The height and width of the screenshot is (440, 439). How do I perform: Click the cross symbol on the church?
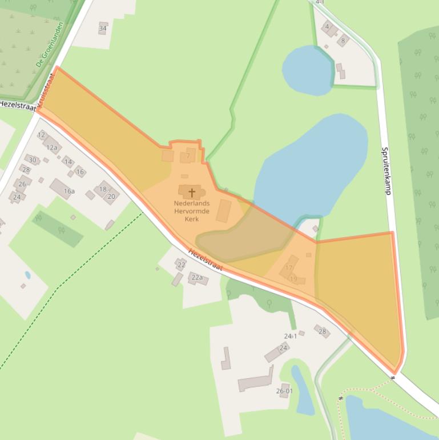[x=192, y=193]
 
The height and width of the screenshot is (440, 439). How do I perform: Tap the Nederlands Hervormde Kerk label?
[x=192, y=211]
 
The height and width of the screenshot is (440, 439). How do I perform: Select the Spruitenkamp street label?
[x=386, y=171]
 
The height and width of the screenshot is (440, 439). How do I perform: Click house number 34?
[x=103, y=28]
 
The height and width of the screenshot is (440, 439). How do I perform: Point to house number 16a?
[x=69, y=191]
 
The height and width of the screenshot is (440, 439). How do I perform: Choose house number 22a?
[x=197, y=277]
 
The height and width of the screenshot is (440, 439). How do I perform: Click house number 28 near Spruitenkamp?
[x=322, y=331]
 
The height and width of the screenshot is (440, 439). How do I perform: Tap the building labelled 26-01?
[x=284, y=391]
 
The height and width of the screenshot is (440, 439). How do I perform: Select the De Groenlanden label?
[x=50, y=45]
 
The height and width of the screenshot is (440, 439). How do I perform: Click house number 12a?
[x=52, y=147]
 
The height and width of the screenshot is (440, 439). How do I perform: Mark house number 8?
[x=343, y=41]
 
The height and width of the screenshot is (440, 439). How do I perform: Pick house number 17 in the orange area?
[x=289, y=267]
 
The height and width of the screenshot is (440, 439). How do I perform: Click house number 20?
[x=111, y=196]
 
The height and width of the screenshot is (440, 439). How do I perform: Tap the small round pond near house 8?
[x=308, y=70]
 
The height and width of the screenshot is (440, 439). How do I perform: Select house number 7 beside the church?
[x=187, y=155]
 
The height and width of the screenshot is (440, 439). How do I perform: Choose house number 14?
[x=69, y=162]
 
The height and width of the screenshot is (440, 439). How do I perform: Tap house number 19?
[x=294, y=279]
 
